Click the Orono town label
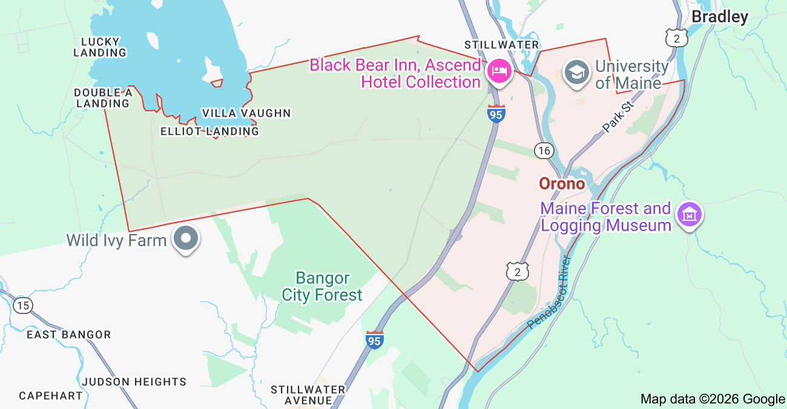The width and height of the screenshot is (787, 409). coord(562,183)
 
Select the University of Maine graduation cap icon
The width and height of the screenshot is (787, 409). coord(577,72)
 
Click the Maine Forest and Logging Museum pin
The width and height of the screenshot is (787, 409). coord(690,215)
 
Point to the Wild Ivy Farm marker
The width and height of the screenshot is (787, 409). coord(186,238)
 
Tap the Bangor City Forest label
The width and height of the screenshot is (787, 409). coord(322,287)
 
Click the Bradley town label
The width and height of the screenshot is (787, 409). coord(720,17)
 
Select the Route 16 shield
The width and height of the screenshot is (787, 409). coord(544,150)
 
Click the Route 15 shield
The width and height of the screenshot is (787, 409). coord(23,306)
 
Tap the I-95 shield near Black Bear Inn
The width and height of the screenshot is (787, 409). coord(496,114)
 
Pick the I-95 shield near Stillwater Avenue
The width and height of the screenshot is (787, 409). coord(375,340)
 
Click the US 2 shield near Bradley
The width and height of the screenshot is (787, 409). coord(676,38)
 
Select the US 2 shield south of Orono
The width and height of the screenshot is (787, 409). coord(518,272)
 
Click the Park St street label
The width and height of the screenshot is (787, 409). coord(617,116)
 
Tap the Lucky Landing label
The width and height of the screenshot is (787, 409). coord(100,47)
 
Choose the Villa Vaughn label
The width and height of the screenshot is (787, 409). coord(246,113)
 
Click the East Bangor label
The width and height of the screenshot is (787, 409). coord(68,335)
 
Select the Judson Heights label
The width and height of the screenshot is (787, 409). coord(134,382)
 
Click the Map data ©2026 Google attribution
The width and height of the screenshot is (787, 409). coord(713,399)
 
